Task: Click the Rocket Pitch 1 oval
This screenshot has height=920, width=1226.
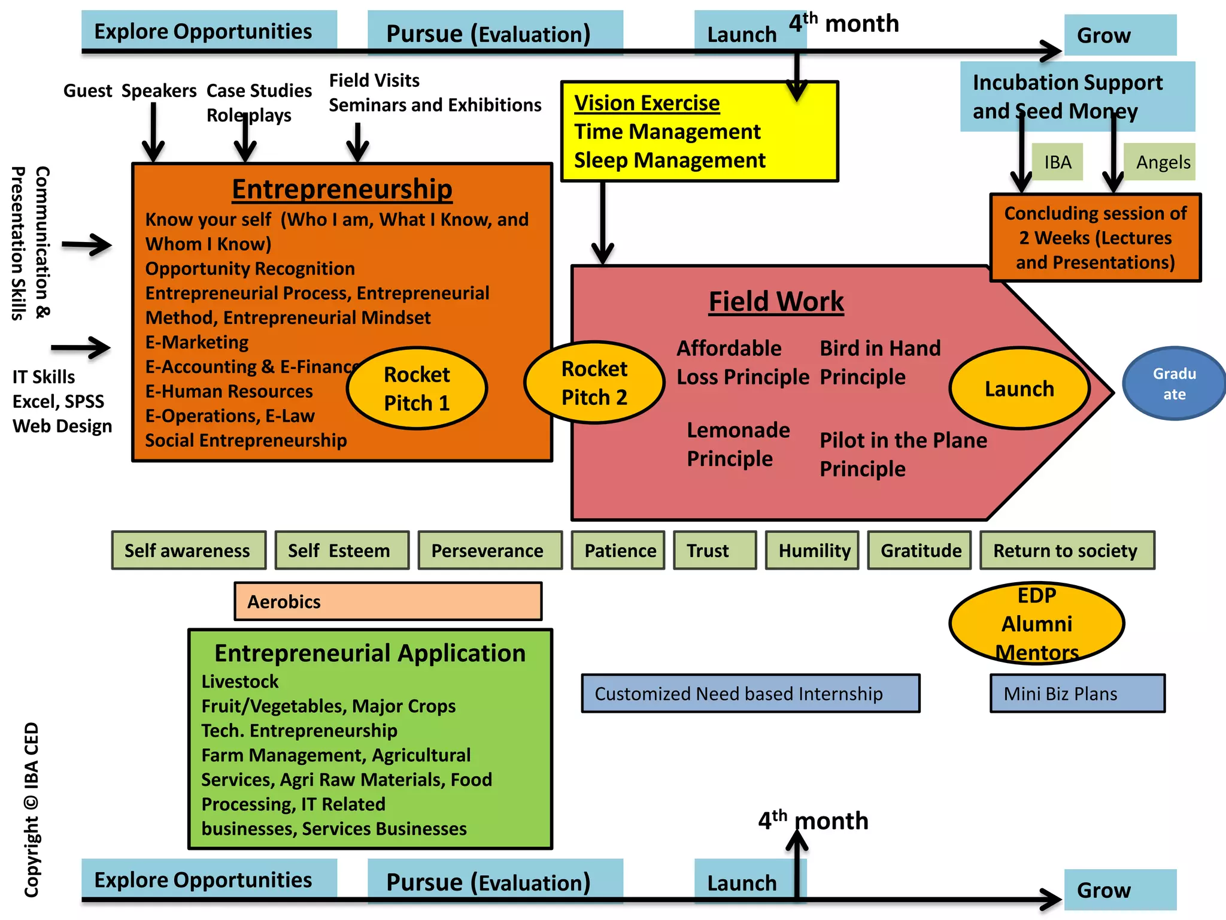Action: pyautogui.click(x=417, y=388)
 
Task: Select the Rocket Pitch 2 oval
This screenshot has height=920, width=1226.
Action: pyautogui.click(x=594, y=382)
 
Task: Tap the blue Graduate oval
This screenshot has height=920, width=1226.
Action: pyautogui.click(x=1174, y=383)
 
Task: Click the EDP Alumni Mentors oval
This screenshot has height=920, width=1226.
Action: pyautogui.click(x=1037, y=624)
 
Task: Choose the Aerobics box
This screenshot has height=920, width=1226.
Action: pyautogui.click(x=388, y=601)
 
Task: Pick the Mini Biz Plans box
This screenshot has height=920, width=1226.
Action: pyautogui.click(x=1078, y=694)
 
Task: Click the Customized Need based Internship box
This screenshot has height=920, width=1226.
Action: pyautogui.click(x=751, y=694)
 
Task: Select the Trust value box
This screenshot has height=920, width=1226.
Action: pyautogui.click(x=715, y=550)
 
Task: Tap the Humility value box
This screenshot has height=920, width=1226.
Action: pyautogui.click(x=812, y=550)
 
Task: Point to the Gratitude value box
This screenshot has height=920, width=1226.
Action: pyautogui.click(x=919, y=550)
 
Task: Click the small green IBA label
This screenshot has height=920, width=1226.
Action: pyautogui.click(x=1057, y=162)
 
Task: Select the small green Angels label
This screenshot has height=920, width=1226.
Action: pyautogui.click(x=1160, y=162)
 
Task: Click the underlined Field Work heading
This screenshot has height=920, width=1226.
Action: pyautogui.click(x=776, y=301)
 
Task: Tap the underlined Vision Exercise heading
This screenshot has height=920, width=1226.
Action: pyautogui.click(x=647, y=103)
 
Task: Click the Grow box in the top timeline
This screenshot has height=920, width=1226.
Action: pyautogui.click(x=1120, y=35)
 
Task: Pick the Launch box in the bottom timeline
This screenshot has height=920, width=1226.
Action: pyautogui.click(x=742, y=882)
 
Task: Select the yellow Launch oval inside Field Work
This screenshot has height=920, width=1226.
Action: pyautogui.click(x=1019, y=388)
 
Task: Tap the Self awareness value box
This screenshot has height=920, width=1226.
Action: pyautogui.click(x=189, y=550)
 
